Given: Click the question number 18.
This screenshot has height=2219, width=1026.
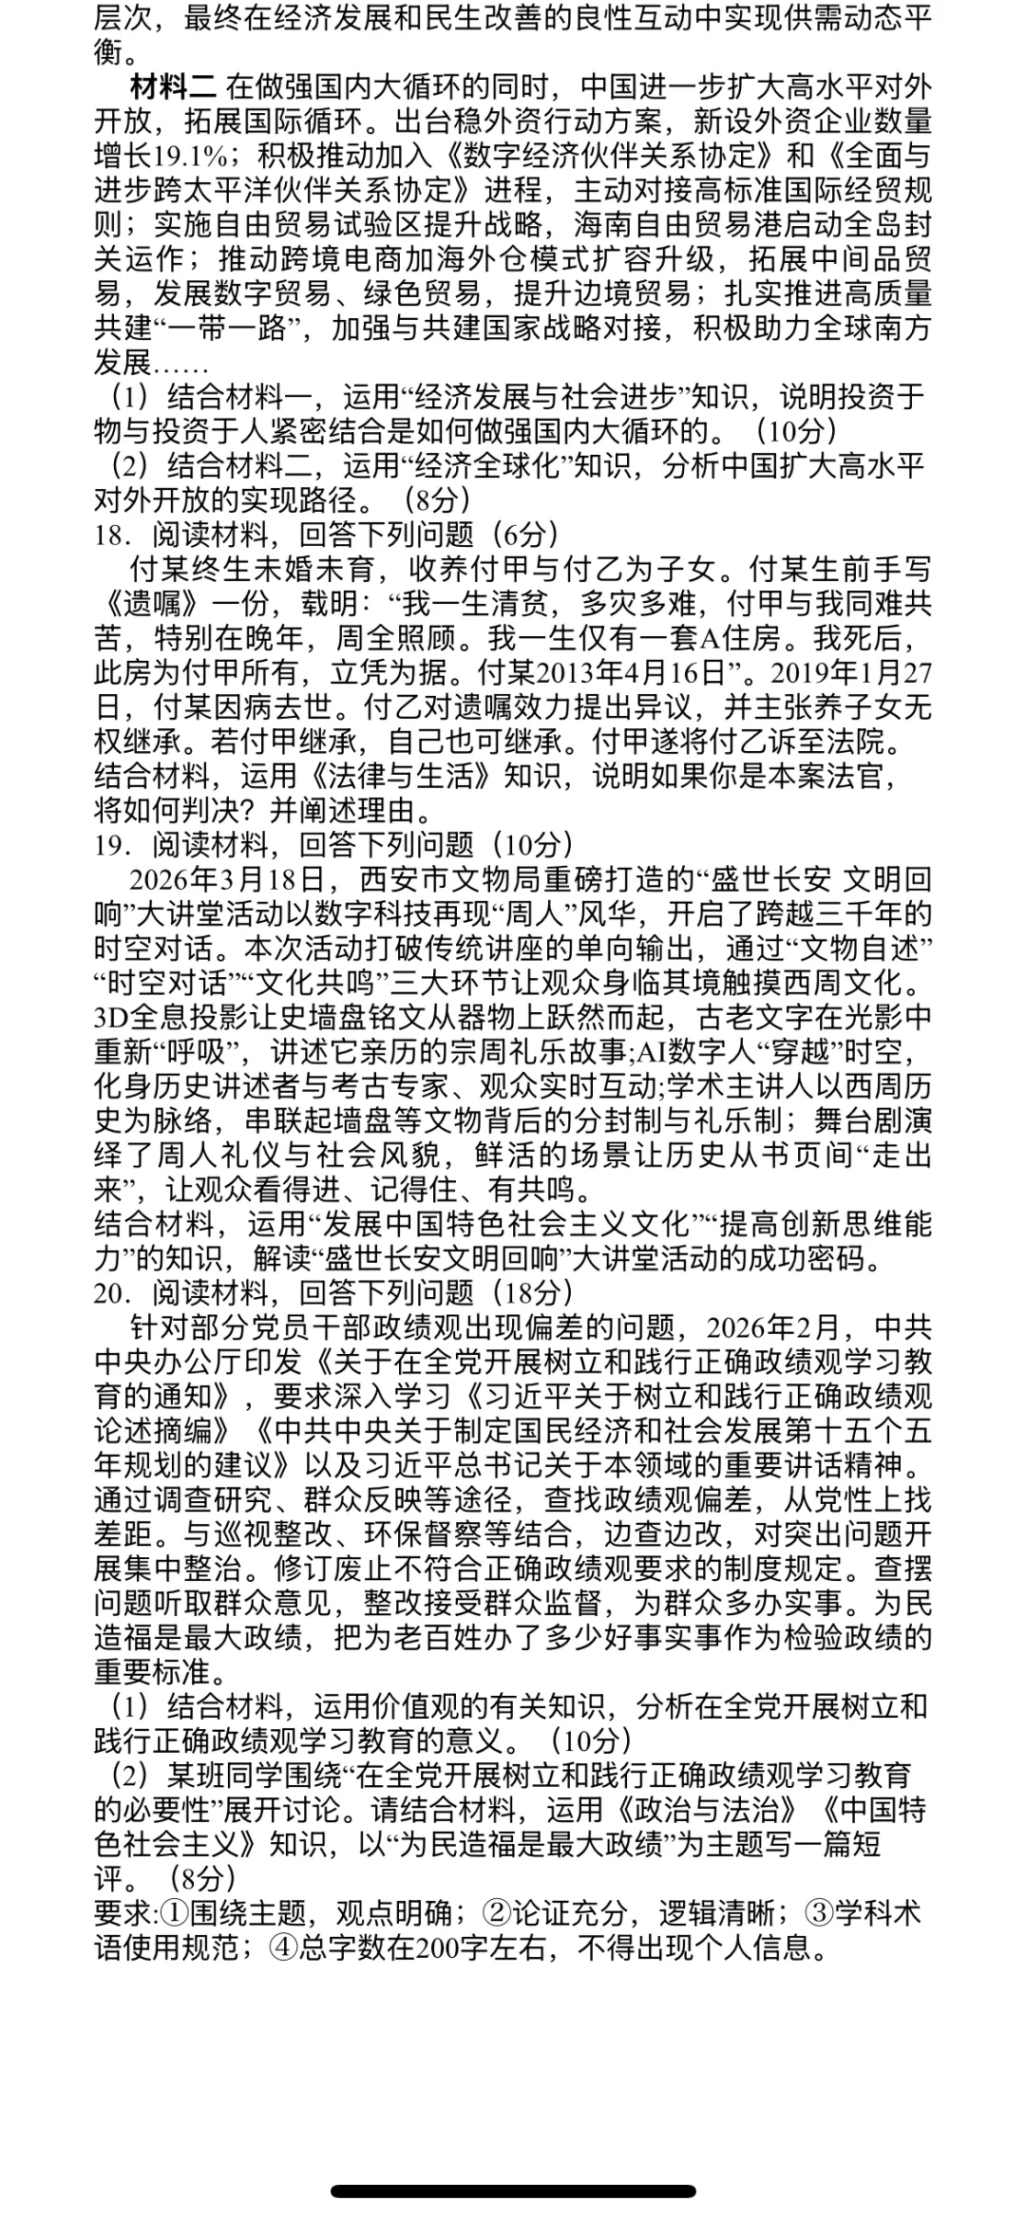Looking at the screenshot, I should coord(111,536).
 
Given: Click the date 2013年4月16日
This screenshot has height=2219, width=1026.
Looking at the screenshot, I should coord(633,673).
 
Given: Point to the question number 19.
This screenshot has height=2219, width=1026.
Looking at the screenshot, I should coord(111,844).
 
